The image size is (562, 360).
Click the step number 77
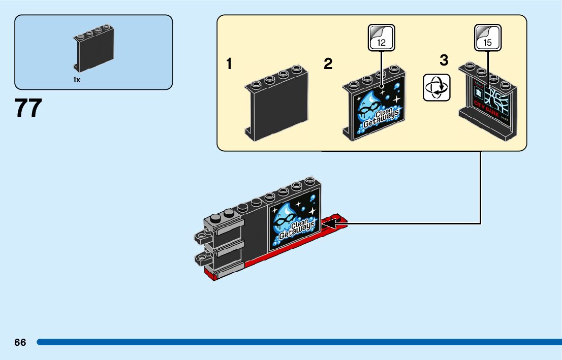[x=28, y=108]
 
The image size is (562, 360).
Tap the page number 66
[x=20, y=343]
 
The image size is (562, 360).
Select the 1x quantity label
[x=77, y=80]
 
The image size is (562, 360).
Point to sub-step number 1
[x=230, y=64]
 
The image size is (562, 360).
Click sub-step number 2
[x=328, y=64]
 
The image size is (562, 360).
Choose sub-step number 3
[x=444, y=60]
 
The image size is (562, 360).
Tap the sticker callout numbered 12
[x=381, y=38]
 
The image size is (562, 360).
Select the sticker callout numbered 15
[x=488, y=38]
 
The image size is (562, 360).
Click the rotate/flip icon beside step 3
[x=436, y=87]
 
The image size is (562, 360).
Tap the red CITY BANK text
[x=486, y=107]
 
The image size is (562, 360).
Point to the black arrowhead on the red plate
[x=328, y=223]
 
